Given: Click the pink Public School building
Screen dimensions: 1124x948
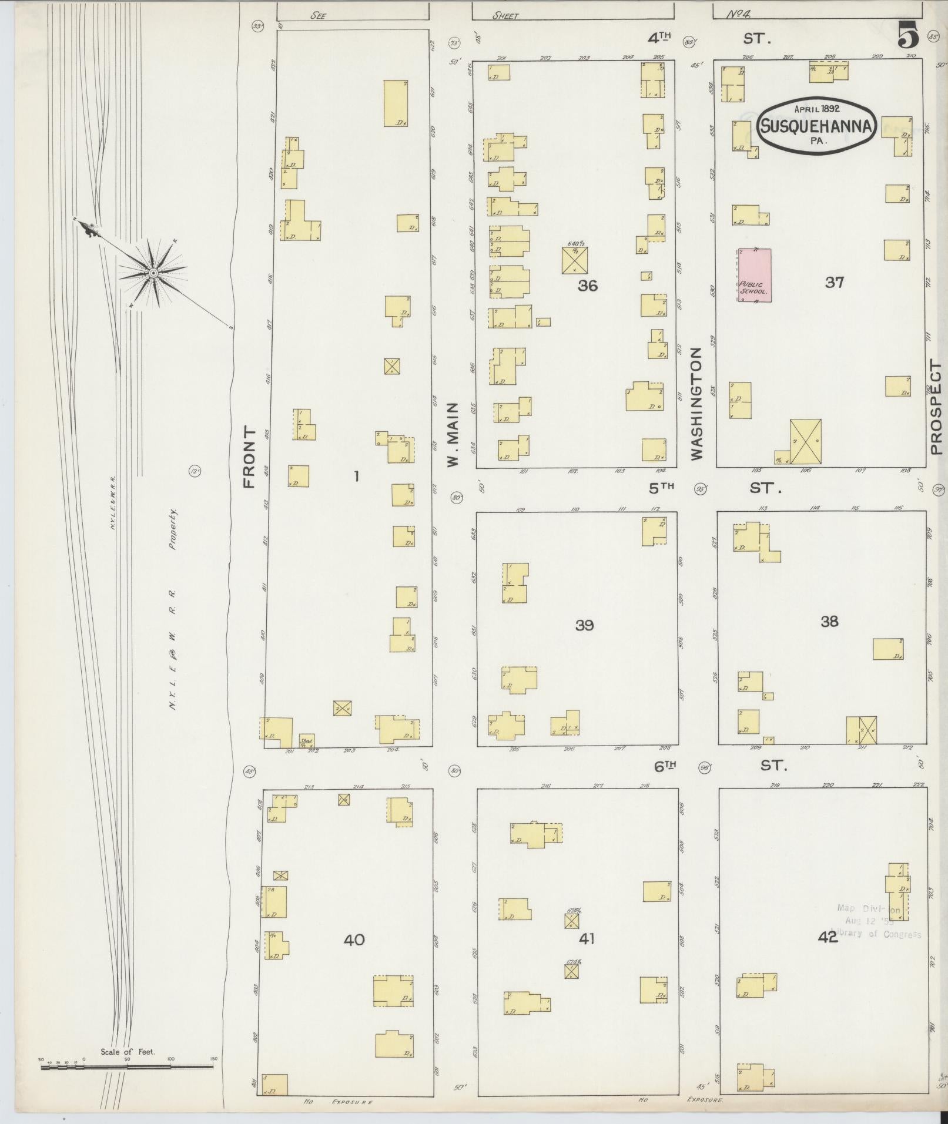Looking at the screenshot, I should [x=755, y=275].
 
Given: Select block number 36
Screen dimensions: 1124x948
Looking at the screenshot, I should [x=587, y=286].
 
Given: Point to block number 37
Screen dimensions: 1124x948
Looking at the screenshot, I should [x=834, y=282].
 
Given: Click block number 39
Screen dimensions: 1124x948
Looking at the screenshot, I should [x=584, y=625].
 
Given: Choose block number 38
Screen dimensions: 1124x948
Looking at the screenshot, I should [x=829, y=621].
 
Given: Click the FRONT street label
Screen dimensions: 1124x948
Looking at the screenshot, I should [x=249, y=458].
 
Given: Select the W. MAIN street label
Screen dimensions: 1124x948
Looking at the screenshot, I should [x=453, y=435].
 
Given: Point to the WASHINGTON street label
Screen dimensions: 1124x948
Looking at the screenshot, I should [x=696, y=403].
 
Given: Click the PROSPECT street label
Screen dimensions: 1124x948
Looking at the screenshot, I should [x=936, y=408].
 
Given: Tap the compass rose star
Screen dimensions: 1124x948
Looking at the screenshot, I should [x=153, y=273].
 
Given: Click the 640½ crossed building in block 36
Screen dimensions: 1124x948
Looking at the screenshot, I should [x=575, y=260].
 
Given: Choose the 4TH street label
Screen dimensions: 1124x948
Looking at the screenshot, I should [x=659, y=39].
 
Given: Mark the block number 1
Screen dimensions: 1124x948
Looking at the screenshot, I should [x=356, y=476].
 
